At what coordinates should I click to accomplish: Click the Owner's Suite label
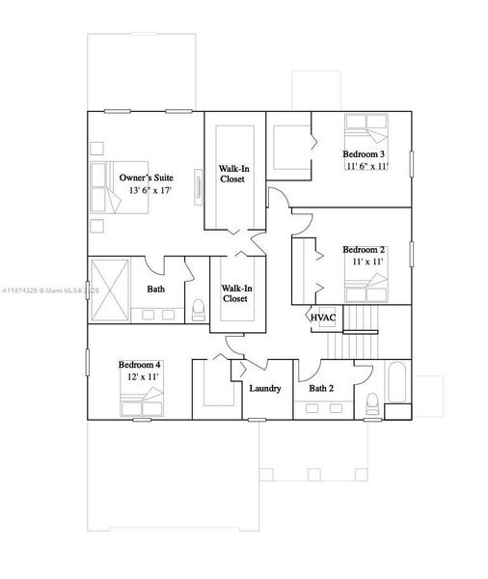[147, 179]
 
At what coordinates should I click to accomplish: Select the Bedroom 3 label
[365, 154]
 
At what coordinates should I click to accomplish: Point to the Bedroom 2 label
[365, 250]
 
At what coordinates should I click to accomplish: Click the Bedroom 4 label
[140, 364]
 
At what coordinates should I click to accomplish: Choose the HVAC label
[321, 317]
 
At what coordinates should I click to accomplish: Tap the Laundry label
[265, 389]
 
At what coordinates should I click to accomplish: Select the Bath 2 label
[321, 389]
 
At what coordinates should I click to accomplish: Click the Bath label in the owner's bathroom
[155, 289]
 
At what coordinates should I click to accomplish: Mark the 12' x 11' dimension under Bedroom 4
[140, 376]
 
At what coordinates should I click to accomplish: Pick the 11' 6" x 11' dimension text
[366, 166]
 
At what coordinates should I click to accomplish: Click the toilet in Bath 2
[370, 403]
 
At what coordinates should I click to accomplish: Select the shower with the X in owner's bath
[108, 290]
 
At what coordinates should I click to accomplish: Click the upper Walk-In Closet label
[231, 173]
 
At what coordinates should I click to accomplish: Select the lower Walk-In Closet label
[236, 292]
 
